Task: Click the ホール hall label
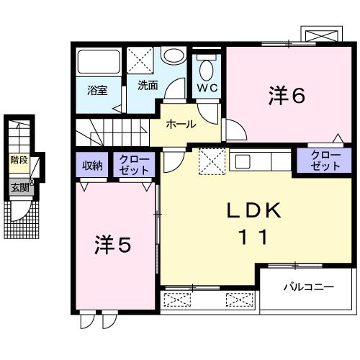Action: point(181,124)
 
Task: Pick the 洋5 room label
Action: point(114,246)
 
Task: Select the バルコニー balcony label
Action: point(307,287)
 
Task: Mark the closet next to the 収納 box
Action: point(134,165)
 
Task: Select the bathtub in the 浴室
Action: point(98,63)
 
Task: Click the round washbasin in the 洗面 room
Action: point(172,56)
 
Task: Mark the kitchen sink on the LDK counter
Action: point(241,160)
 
